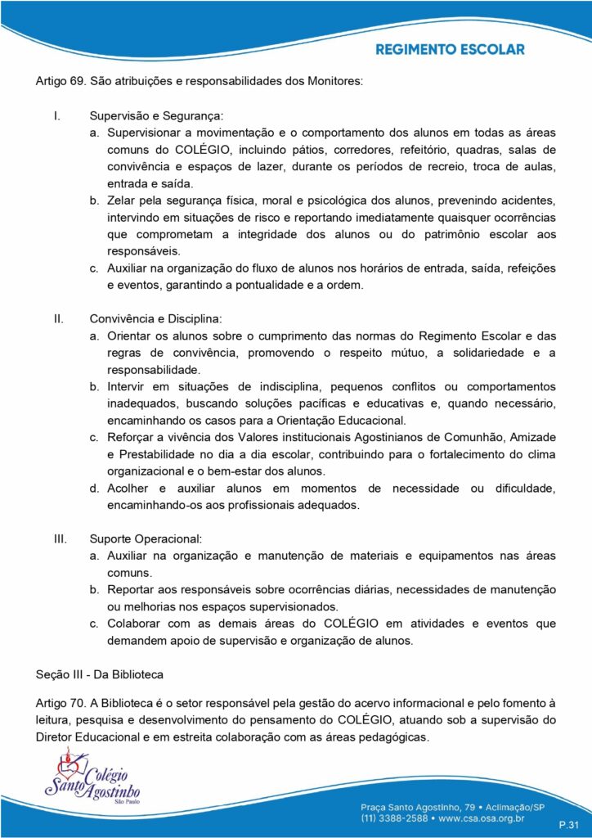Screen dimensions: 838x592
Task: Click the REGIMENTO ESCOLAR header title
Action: click(x=450, y=50)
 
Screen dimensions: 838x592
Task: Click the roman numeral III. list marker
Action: click(x=60, y=538)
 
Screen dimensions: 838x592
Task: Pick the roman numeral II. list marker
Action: click(x=58, y=318)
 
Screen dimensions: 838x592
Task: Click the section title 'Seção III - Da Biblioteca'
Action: click(x=100, y=674)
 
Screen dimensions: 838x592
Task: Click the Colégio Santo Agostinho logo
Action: click(x=92, y=783)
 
